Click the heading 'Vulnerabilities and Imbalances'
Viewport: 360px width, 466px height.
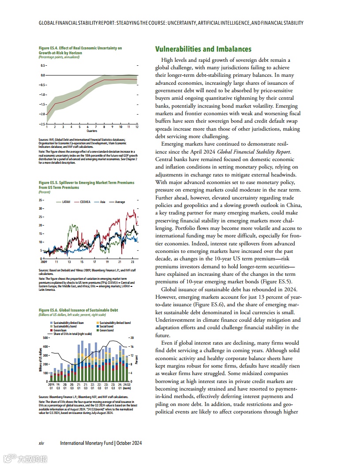coord(203,49)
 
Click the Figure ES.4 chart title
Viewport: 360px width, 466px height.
coord(80,50)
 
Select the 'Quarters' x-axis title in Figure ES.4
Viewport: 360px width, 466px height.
coord(92,131)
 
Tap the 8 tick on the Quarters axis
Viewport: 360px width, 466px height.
coord(104,127)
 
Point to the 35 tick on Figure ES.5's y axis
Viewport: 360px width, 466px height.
coord(41,200)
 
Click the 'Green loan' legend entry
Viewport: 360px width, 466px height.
coord(60,330)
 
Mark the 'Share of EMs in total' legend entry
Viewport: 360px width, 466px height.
coord(72,334)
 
